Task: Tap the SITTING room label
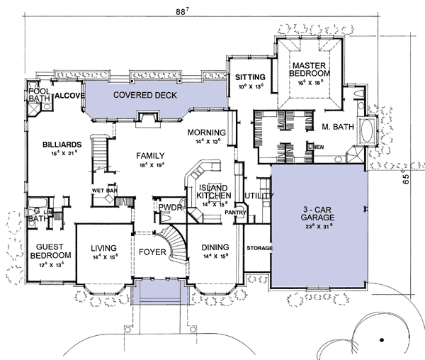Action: [251, 77]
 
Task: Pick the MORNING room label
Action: [207, 133]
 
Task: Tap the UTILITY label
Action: [256, 196]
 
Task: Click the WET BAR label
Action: [103, 191]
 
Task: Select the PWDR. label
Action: [171, 208]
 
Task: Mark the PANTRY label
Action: [234, 211]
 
